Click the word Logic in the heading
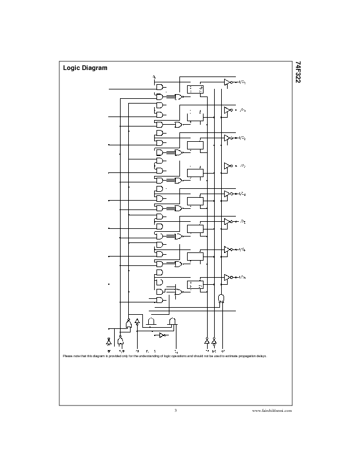point(72,68)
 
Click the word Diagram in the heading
point(95,68)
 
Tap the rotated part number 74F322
point(298,72)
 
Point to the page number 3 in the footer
point(175,410)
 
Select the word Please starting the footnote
point(68,356)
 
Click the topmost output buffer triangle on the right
point(226,83)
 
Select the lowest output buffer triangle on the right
point(226,277)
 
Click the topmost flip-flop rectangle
point(195,89)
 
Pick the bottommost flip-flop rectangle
point(195,285)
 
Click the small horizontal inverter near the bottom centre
point(162,335)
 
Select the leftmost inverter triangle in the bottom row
point(108,341)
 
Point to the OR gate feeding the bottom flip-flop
point(178,291)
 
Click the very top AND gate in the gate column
point(159,86)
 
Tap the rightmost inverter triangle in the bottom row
point(214,340)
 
